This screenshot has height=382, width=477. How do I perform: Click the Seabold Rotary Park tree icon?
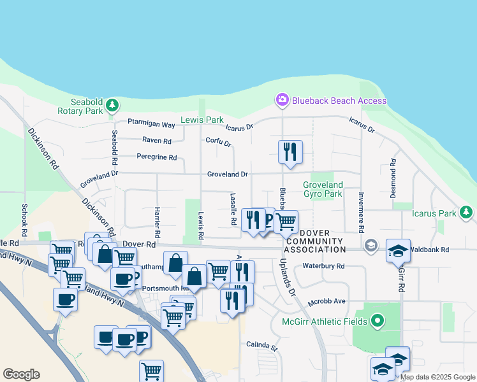[112, 104]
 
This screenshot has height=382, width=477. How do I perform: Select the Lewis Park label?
[202, 120]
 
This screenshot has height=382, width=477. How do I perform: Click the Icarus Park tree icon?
[467, 211]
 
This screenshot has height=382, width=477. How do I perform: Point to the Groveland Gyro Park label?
[323, 189]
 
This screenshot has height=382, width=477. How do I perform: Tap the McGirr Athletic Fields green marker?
[378, 320]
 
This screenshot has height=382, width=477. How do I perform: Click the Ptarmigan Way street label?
[151, 125]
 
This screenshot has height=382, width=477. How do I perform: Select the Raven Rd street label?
[157, 141]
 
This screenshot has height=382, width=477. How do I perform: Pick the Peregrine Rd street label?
[156, 157]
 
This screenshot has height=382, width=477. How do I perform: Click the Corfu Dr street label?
[218, 141]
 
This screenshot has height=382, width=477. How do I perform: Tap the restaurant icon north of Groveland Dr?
[290, 152]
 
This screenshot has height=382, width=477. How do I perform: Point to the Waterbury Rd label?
[323, 266]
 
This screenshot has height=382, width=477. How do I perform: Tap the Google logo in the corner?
[21, 374]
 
